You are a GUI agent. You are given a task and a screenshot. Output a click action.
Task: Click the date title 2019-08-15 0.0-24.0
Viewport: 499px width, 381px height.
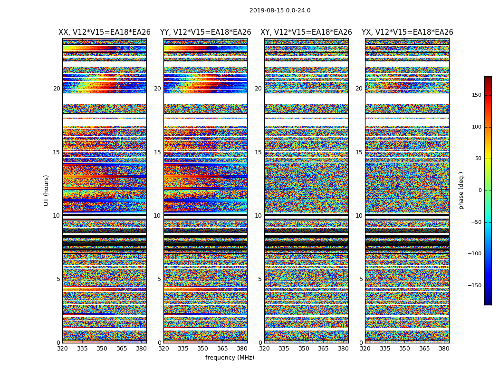280,10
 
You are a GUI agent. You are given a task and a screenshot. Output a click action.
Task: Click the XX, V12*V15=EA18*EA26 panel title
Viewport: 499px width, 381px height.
105,32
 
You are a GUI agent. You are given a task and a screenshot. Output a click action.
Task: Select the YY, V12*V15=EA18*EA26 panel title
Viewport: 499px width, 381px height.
205,32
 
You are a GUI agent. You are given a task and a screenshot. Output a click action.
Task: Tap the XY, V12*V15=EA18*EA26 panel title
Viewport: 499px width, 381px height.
306,32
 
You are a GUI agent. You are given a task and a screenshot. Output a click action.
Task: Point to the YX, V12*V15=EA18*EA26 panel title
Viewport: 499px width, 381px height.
407,32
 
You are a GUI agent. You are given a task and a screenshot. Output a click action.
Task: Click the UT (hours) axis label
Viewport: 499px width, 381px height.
47,190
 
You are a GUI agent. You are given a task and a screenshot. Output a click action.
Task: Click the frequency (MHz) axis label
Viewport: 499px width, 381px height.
230,358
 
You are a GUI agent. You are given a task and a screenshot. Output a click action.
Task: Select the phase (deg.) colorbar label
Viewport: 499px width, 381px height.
461,190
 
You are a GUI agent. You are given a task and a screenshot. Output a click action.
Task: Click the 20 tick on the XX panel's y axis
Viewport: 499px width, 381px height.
57,89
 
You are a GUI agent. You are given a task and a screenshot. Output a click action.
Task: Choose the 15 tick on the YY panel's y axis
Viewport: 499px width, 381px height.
157,152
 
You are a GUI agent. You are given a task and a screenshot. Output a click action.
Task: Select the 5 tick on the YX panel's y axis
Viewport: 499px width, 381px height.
361,279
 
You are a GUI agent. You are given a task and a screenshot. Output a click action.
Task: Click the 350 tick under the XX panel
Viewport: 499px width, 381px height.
102,348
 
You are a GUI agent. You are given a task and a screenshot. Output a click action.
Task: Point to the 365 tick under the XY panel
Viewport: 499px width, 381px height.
323,348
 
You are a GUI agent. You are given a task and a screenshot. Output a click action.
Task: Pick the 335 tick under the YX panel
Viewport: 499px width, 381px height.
384,348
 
